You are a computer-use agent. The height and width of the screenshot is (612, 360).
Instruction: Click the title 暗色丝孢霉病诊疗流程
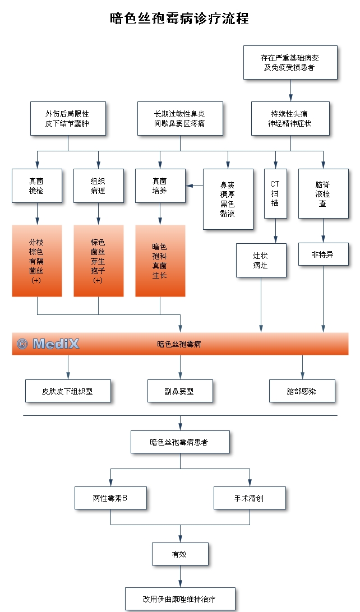pos(179,18)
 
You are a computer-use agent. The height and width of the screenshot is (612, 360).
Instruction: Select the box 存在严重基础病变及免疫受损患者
pos(290,62)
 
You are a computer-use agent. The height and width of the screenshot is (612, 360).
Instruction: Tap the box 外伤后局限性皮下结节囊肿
pos(68,118)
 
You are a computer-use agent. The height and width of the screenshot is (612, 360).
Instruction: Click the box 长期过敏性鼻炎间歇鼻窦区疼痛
pos(180,118)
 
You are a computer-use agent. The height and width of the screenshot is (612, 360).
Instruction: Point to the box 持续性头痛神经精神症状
pos(290,118)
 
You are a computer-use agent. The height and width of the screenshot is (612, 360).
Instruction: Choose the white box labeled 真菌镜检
pos(37,186)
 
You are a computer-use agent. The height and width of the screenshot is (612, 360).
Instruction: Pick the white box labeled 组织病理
pos(98,186)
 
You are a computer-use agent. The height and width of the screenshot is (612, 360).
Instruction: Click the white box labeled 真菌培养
pos(160,186)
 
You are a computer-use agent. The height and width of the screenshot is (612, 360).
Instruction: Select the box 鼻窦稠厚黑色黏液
pos(228,199)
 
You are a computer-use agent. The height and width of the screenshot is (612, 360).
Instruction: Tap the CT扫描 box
pos(275,193)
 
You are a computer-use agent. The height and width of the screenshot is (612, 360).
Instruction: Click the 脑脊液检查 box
pos(323,193)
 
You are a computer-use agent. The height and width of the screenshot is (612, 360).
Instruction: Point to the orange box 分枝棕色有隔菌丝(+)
pos(37,261)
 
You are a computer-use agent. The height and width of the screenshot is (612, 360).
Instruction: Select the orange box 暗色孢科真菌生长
pos(160,261)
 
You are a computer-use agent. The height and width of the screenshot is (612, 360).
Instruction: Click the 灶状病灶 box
pos(261,261)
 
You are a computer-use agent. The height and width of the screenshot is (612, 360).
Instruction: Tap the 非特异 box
pos(323,254)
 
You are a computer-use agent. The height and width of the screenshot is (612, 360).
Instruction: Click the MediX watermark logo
pos(48,344)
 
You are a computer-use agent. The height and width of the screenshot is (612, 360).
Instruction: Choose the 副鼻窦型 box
pos(180,391)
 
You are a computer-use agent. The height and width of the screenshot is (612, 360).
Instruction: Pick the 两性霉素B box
pos(110,498)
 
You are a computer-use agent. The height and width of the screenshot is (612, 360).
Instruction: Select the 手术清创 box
pos(250,498)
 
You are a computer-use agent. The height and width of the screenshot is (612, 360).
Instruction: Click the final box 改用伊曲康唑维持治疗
pos(180,599)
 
